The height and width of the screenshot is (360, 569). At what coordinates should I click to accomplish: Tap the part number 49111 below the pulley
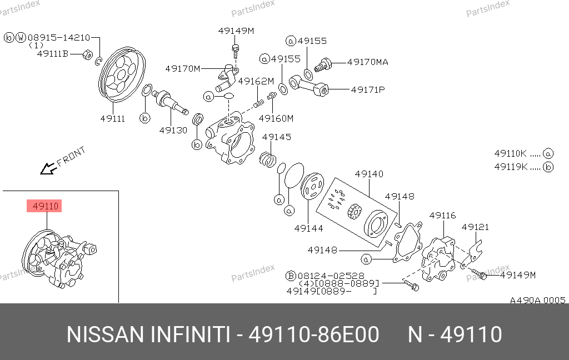click(112, 119)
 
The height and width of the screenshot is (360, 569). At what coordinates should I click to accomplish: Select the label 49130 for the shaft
click(173, 131)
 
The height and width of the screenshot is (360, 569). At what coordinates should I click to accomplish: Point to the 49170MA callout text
click(368, 62)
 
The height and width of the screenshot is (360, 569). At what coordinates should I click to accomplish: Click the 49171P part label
click(368, 89)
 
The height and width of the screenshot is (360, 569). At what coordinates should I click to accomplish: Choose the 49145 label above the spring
click(277, 137)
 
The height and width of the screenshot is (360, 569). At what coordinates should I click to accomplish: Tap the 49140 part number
click(369, 174)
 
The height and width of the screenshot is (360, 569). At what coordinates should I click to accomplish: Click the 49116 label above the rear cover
click(442, 216)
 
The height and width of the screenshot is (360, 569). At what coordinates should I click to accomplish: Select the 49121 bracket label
click(476, 227)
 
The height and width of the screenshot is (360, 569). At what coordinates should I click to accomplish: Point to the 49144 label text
click(308, 228)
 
